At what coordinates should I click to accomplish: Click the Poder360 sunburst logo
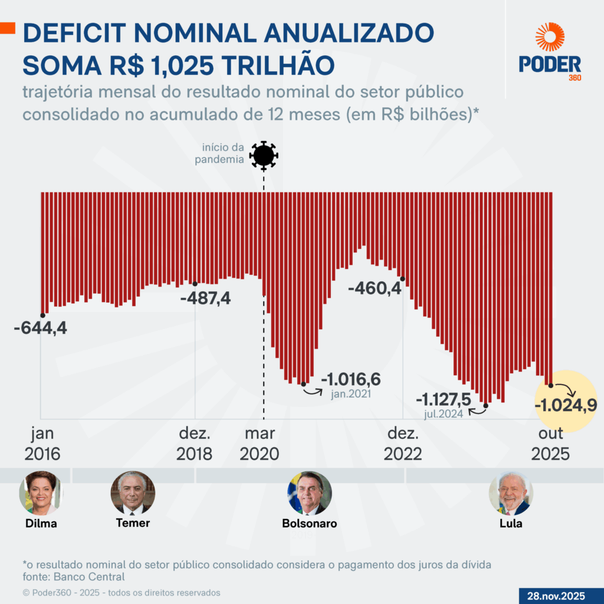[x=550, y=37]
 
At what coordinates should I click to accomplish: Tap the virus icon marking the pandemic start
[x=263, y=156]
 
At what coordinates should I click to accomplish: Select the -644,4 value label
[x=40, y=328]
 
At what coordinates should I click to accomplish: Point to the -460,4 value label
[x=375, y=289]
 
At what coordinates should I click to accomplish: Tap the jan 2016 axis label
[x=42, y=444]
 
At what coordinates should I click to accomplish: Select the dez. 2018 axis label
[x=195, y=444]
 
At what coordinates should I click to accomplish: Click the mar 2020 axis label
[x=260, y=444]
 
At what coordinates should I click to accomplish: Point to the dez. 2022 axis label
[x=403, y=444]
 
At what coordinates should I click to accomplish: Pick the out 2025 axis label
[x=550, y=444]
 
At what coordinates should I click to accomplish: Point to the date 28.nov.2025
[x=560, y=596]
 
